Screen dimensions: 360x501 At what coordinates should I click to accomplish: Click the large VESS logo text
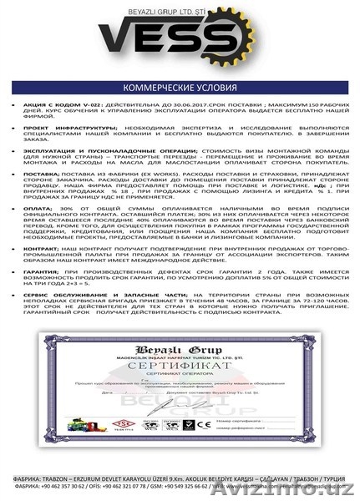point(180,43)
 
